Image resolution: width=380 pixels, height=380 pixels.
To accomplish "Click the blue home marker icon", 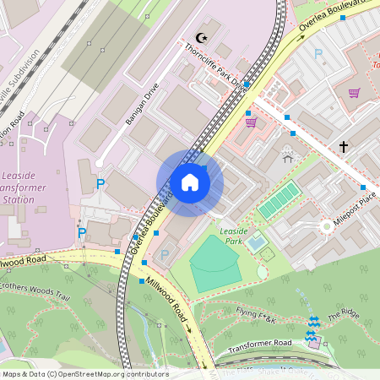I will (x=190, y=182).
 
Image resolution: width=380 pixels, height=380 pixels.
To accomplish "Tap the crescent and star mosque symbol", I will (x=201, y=38).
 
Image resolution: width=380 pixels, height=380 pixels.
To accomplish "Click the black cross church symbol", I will (x=344, y=147).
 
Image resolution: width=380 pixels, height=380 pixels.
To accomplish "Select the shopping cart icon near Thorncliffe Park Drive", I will (x=251, y=122).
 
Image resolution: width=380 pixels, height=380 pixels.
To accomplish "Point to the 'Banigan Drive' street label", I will (x=142, y=108).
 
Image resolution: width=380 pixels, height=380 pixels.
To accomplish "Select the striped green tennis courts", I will (x=278, y=201).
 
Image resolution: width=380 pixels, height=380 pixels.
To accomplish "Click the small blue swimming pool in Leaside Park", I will (x=257, y=244).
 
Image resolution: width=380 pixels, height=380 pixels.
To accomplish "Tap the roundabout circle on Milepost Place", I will (x=326, y=225).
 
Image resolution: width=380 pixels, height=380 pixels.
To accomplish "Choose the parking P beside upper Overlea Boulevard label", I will (x=318, y=54).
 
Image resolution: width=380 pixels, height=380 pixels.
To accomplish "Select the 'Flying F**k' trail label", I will (x=257, y=316).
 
